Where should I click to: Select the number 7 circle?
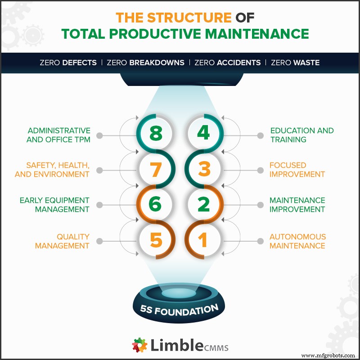point(155,170)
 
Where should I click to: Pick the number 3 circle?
point(203,170)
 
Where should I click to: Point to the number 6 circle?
point(155,205)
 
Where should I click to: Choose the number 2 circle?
point(203,205)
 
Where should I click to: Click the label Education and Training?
point(301,135)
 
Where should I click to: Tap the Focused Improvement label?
point(297,170)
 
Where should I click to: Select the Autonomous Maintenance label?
point(297,241)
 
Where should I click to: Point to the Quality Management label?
point(63,241)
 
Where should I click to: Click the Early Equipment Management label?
point(54,205)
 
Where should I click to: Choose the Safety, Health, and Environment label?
point(52,170)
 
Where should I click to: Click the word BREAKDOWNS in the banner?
point(157,63)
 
